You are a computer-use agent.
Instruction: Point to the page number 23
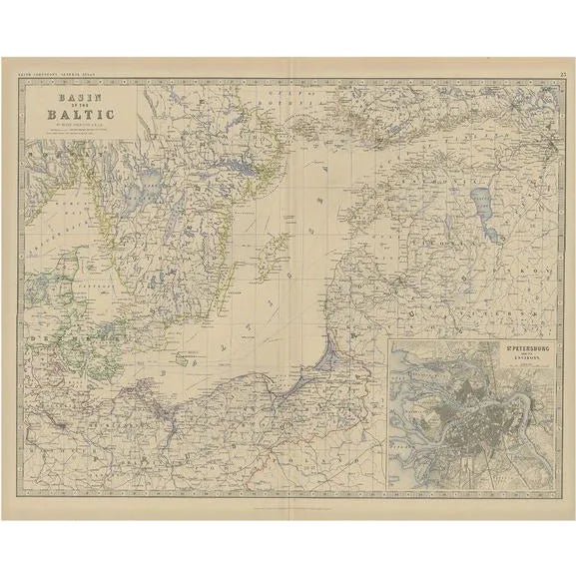[565, 74]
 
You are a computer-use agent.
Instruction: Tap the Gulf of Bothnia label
[299, 100]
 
